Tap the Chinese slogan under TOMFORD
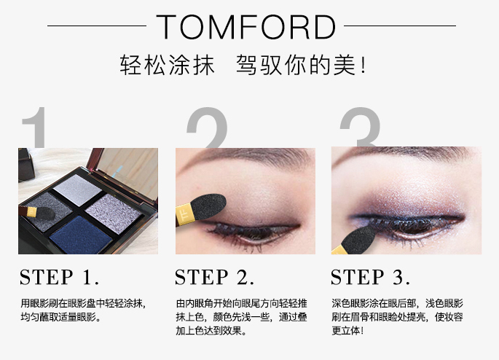(x=243, y=66)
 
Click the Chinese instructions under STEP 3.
(x=397, y=316)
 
